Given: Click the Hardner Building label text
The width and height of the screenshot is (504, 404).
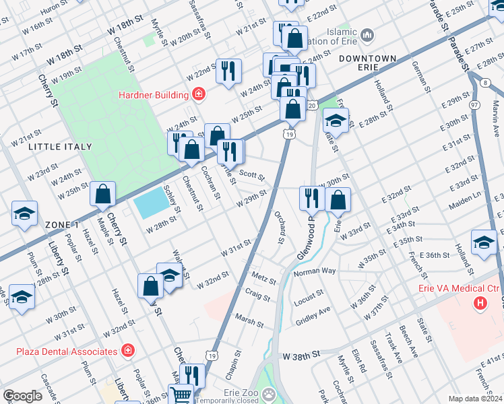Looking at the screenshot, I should [x=154, y=95].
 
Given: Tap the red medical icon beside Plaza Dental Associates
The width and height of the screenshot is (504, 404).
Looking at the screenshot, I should [x=127, y=351].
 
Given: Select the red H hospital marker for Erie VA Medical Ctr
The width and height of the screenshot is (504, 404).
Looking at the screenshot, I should [x=480, y=304].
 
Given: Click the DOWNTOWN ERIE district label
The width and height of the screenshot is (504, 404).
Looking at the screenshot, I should [x=367, y=59].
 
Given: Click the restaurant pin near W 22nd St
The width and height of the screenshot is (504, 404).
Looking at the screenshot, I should [x=228, y=70].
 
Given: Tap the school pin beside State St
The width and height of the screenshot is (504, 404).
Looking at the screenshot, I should [x=335, y=121].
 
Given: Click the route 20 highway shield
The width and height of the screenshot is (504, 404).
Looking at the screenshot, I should [x=312, y=105].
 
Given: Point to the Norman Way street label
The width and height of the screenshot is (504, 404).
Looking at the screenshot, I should [x=315, y=271].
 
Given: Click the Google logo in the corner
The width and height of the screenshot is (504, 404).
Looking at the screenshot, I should [x=22, y=396].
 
